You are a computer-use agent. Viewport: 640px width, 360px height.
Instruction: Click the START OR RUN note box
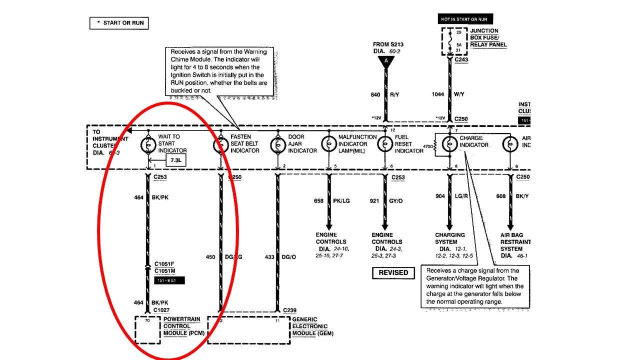tap(119, 23)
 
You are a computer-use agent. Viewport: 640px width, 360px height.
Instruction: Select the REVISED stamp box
tap(393, 272)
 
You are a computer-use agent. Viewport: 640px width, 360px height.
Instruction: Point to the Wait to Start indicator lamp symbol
tap(148, 144)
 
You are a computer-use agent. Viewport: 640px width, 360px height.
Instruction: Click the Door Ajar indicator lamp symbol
tap(277, 144)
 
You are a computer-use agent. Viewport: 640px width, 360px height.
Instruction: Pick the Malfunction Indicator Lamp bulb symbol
tap(328, 144)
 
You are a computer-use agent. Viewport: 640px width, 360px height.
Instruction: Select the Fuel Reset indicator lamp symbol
tap(385, 144)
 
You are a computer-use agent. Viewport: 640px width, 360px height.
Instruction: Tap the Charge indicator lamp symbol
tap(449, 144)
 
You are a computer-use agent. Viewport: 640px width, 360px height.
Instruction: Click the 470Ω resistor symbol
tap(436, 145)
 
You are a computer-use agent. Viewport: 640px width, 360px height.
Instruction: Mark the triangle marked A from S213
tap(385, 61)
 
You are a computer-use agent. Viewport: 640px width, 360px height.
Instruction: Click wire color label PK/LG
tap(341, 201)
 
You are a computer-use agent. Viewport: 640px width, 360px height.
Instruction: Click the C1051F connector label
tap(164, 264)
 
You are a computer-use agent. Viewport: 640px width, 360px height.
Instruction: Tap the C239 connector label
tap(289, 310)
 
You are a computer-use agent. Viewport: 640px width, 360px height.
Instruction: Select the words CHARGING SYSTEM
tap(450, 238)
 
